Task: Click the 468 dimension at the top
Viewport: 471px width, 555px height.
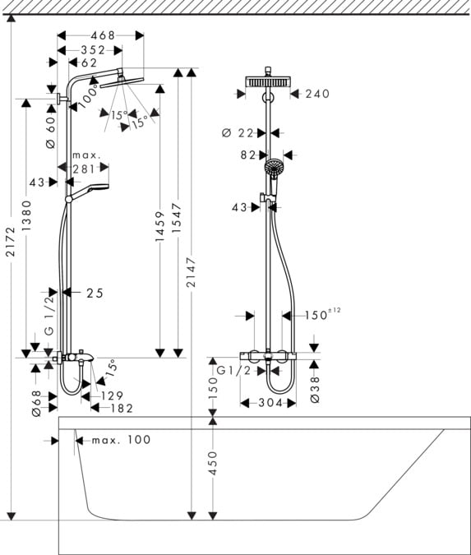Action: click(102, 35)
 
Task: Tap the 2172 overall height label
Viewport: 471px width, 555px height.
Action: click(10, 243)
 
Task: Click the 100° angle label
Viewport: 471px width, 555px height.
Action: click(90, 94)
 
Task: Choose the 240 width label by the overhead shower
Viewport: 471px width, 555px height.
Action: click(316, 94)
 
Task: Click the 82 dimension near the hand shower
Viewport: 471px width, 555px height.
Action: click(248, 155)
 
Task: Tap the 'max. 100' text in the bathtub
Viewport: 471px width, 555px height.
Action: click(121, 440)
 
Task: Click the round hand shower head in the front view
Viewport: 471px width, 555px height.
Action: click(273, 170)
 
